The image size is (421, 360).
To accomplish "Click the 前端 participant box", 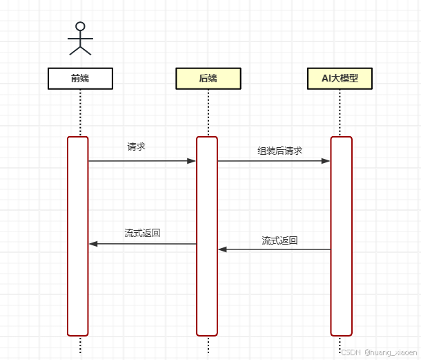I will click(x=80, y=78).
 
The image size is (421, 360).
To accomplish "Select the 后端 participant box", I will click(x=208, y=78).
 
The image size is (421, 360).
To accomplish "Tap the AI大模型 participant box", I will click(x=340, y=78).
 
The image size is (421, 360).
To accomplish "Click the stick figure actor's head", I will click(x=80, y=27).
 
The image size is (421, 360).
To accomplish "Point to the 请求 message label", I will click(x=136, y=146).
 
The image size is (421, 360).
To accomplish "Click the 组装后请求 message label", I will click(x=280, y=151).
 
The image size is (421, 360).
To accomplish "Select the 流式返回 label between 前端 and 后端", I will click(x=142, y=233).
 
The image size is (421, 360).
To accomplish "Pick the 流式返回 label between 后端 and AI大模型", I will click(x=280, y=240).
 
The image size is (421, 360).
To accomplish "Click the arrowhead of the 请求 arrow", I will click(x=192, y=161).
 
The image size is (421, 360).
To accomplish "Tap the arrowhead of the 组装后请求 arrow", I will click(x=326, y=161).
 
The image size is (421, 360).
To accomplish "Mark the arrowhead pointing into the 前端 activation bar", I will click(x=93, y=244).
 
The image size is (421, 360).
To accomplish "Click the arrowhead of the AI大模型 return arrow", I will click(x=222, y=249).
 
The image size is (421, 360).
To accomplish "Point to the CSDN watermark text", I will click(x=378, y=352).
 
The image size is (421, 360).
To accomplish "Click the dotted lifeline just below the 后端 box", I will click(x=208, y=111).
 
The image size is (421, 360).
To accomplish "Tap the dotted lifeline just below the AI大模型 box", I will click(x=340, y=111).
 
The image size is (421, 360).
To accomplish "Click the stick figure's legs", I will click(x=80, y=50).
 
